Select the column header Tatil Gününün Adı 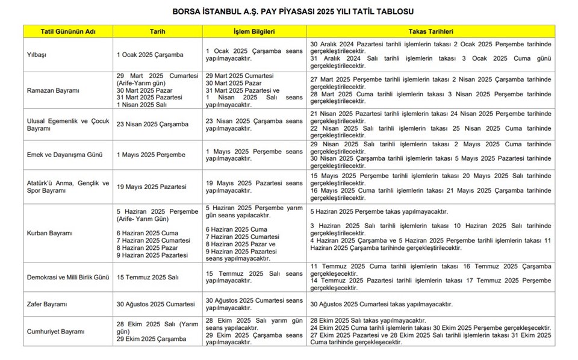[68, 31]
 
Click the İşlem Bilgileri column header [254, 31]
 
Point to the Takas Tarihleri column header [430, 31]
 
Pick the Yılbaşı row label [38, 55]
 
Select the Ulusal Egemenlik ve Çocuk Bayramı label [68, 125]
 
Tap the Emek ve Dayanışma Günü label [62, 155]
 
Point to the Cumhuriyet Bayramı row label [55, 332]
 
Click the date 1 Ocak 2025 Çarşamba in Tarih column [150, 55]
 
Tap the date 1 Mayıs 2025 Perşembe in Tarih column [151, 155]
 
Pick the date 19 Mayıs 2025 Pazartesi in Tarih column [152, 187]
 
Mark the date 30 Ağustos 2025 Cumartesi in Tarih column [155, 304]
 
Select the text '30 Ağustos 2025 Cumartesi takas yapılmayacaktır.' [381, 304]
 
